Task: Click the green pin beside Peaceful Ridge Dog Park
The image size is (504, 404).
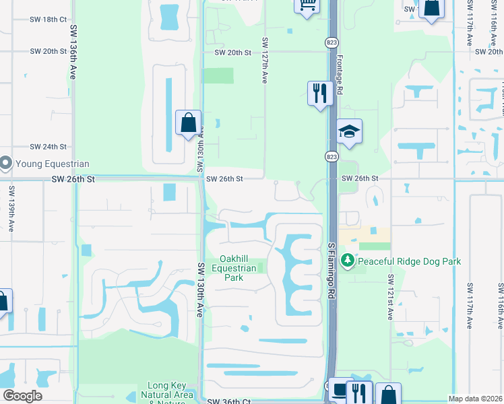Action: tap(348, 260)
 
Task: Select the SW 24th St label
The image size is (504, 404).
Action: tap(49, 146)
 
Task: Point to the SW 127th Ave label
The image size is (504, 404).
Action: tap(265, 60)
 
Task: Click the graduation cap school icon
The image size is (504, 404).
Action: tap(350, 132)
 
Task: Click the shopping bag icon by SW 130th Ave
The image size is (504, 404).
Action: tap(188, 124)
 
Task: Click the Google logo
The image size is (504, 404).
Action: tap(22, 396)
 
